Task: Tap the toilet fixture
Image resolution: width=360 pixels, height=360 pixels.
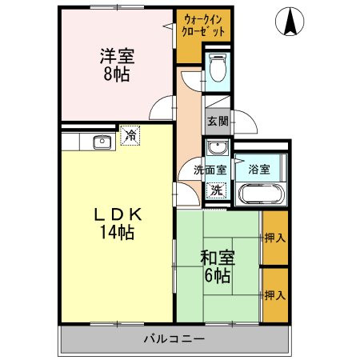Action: (215, 71)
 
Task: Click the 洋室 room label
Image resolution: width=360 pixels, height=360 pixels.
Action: (116, 57)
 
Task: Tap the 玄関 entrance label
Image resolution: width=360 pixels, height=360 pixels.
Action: (217, 122)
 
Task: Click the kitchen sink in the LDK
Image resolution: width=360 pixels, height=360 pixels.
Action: (101, 142)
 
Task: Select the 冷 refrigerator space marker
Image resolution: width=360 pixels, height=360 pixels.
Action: (129, 137)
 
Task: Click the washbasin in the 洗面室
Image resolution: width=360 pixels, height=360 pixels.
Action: (216, 149)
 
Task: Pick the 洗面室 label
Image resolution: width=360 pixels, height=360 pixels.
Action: (210, 170)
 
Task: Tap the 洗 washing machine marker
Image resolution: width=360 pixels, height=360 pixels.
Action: (216, 190)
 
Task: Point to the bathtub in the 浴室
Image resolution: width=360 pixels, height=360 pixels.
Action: (258, 194)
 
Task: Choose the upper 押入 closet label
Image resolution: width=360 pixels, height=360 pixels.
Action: (275, 238)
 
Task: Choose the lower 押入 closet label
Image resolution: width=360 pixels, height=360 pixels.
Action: (275, 295)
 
